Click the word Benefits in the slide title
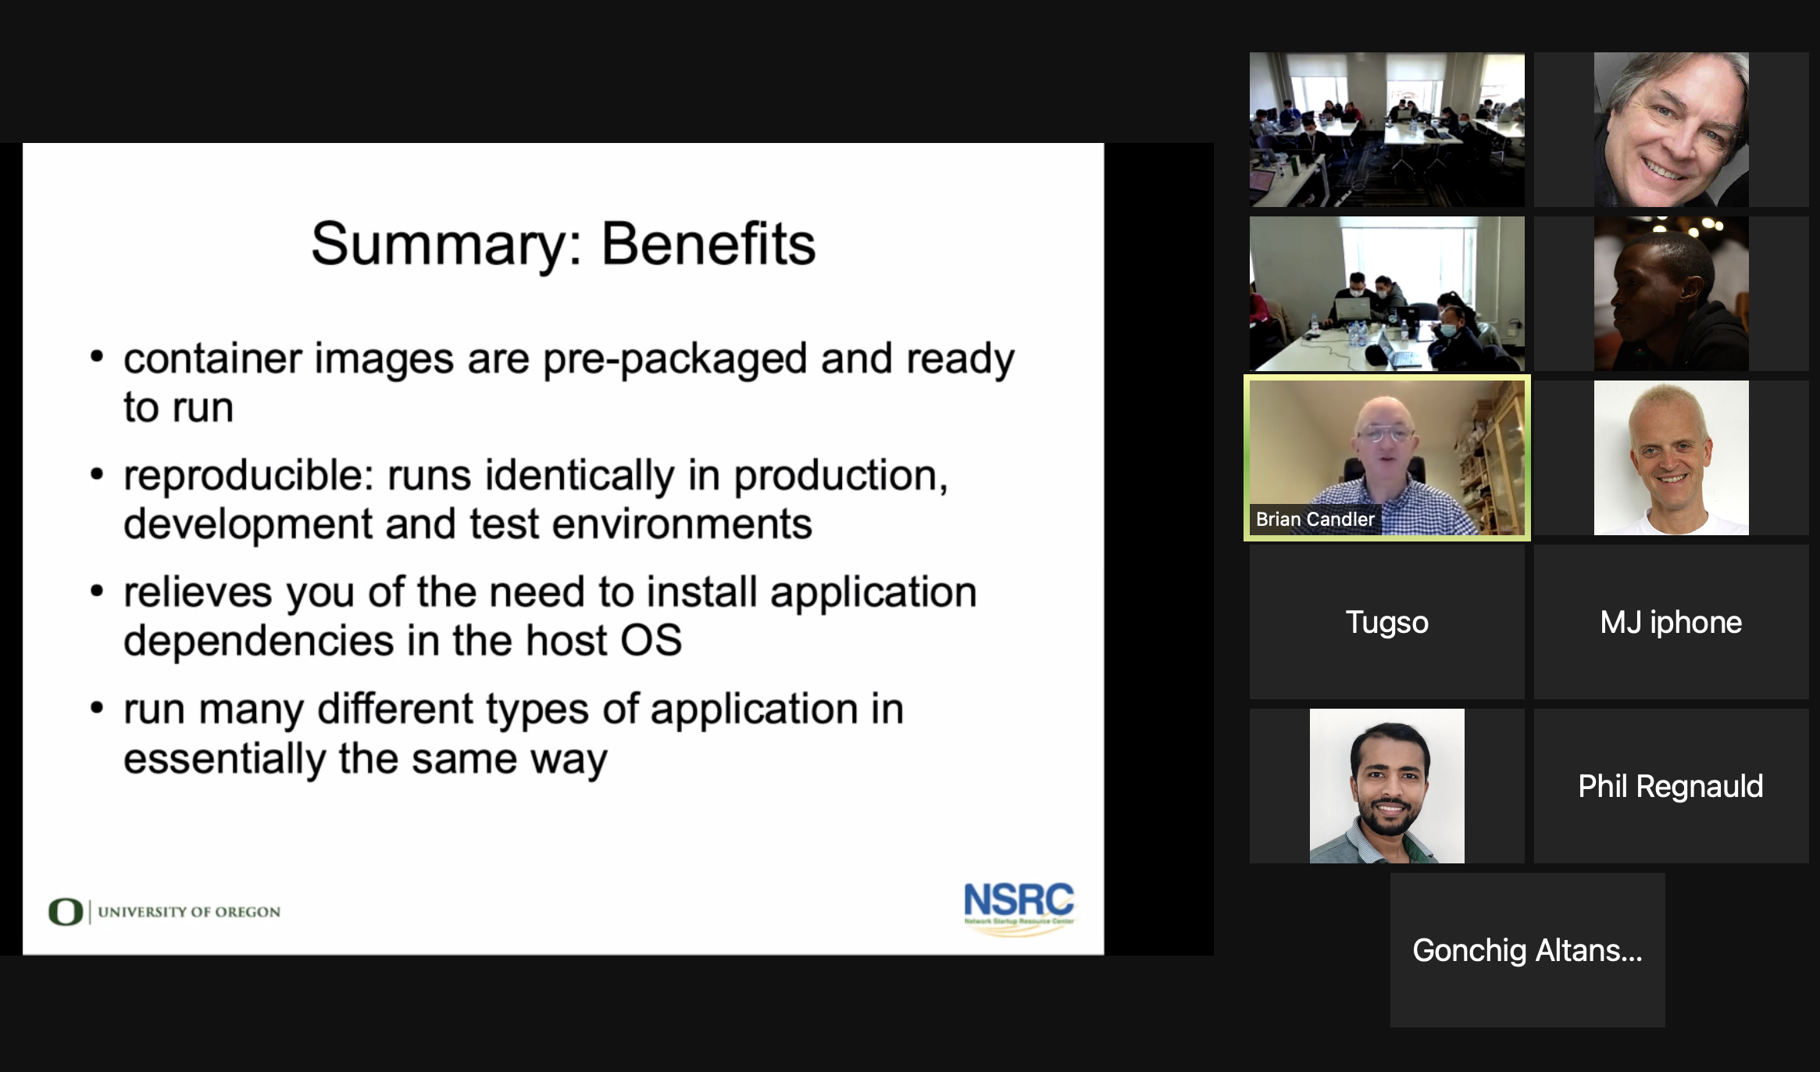coord(708,244)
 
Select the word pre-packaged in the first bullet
coord(675,360)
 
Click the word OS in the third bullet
coord(651,641)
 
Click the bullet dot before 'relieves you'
coord(97,591)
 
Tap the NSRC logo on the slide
coord(1019,906)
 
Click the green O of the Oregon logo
coord(66,912)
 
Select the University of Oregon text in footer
coord(189,912)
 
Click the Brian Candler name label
coord(1315,520)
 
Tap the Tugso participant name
coord(1386,623)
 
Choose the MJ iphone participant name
coord(1671,623)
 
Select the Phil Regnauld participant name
coord(1671,787)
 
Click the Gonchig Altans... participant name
coord(1527,951)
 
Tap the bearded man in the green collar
coord(1387,786)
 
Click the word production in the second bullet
coord(840,477)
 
